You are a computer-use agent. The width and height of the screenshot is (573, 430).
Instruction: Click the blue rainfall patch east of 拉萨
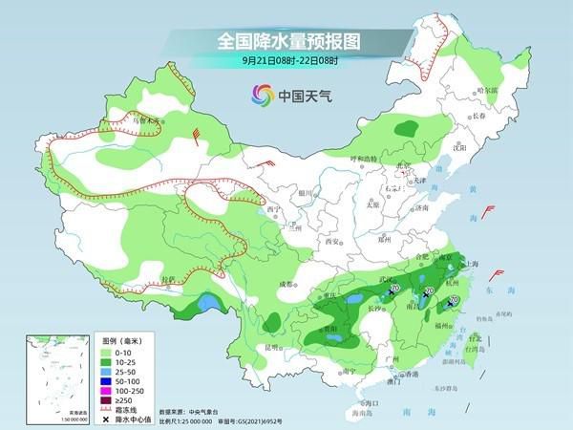pos(204,306)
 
